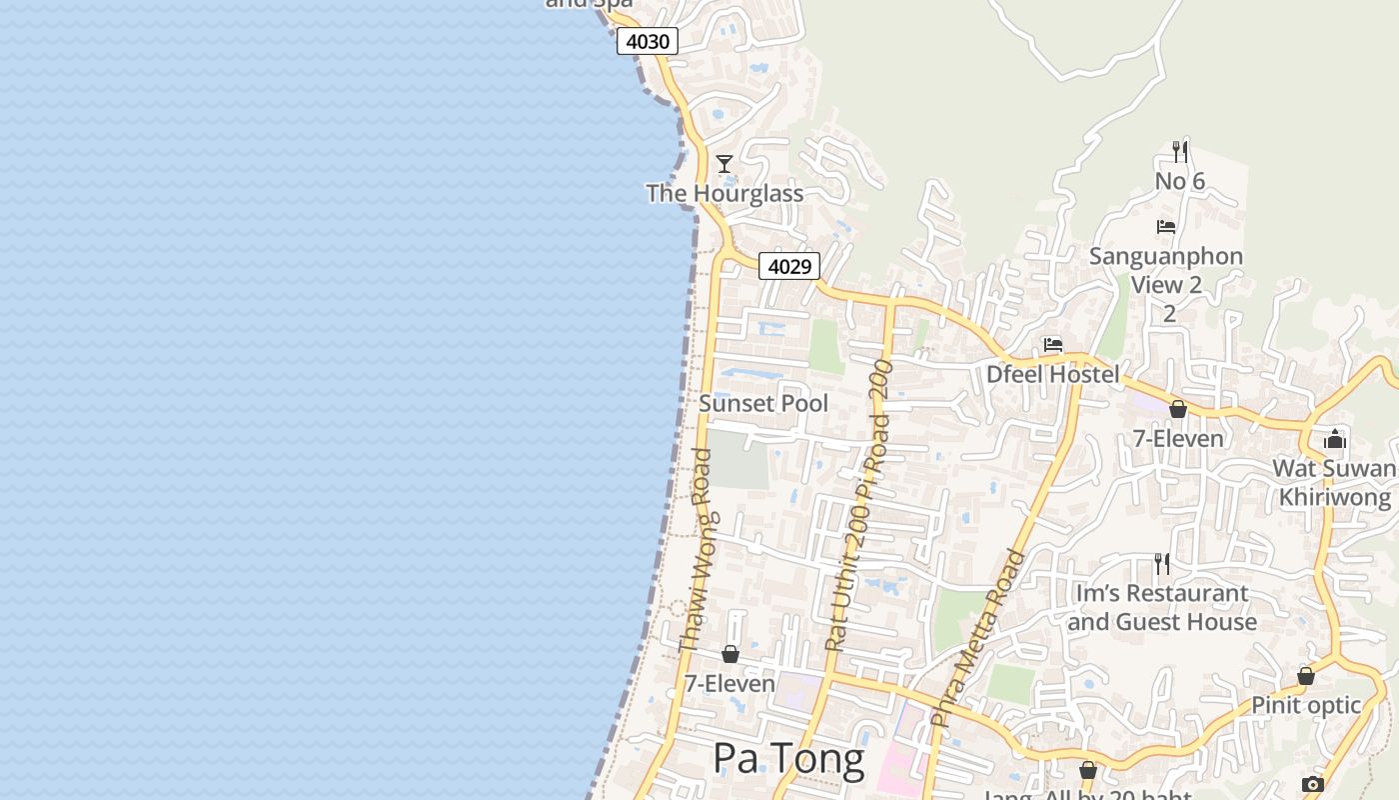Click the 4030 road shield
point(648,41)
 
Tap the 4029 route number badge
point(788,266)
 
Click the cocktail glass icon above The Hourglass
point(724,163)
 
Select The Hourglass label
point(724,193)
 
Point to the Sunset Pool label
point(763,403)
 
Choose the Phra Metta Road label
point(978,637)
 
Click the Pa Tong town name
point(788,759)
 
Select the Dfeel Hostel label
point(1053,374)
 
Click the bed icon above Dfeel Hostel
point(1053,345)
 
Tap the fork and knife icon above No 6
point(1180,152)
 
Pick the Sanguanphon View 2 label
point(1166,270)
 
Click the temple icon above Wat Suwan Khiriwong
point(1335,439)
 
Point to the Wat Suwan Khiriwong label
point(1335,482)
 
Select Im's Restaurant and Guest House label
point(1162,607)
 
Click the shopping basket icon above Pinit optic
point(1306,676)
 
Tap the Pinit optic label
point(1306,705)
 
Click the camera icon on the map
point(1313,784)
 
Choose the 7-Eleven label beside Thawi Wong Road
point(729,683)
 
